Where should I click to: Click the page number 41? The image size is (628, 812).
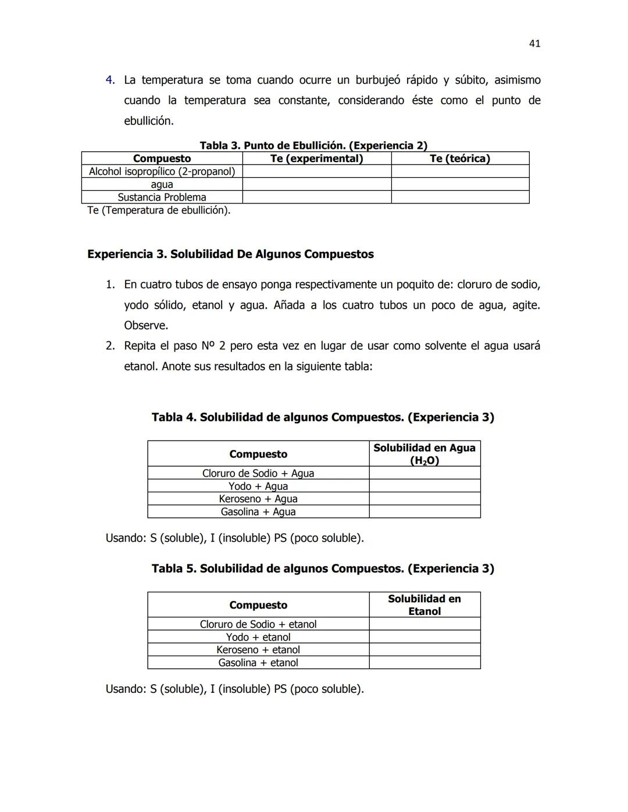tap(535, 44)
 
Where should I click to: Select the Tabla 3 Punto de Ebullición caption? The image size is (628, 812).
tap(313, 145)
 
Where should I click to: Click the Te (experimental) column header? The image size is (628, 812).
tap(316, 159)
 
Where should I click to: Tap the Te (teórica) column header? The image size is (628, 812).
tap(459, 159)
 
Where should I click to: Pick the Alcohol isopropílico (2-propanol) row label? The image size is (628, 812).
tap(162, 171)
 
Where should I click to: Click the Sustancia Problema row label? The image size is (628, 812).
tap(162, 197)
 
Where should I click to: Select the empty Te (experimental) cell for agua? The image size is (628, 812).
tap(316, 184)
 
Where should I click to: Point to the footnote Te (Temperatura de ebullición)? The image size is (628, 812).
tap(159, 210)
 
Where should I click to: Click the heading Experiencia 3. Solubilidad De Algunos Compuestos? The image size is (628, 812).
tap(230, 254)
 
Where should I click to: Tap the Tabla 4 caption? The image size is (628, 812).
tap(323, 417)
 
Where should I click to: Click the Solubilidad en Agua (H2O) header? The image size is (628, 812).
tap(424, 454)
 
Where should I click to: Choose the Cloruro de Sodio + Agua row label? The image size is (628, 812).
tap(258, 473)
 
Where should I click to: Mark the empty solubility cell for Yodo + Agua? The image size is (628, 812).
tap(424, 486)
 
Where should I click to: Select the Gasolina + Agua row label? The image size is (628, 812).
tap(258, 512)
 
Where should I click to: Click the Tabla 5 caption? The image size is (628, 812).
tap(323, 568)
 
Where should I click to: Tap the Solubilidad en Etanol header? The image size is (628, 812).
tap(424, 605)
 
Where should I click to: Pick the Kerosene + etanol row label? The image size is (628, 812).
tap(258, 650)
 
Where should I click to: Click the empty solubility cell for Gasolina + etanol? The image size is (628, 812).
tap(424, 663)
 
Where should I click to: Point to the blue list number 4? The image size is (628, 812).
tap(110, 80)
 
